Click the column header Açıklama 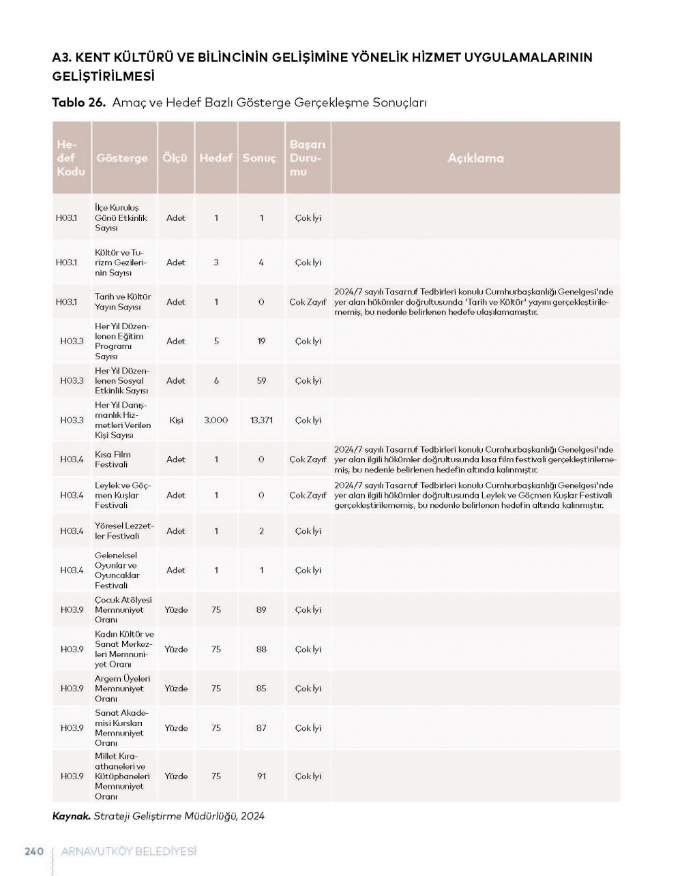(x=475, y=158)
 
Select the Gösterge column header (x=122, y=158)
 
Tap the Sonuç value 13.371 (x=261, y=420)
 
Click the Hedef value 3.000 (x=216, y=420)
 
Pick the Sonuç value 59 (x=261, y=380)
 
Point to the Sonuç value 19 (x=261, y=341)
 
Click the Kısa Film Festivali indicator (x=113, y=459)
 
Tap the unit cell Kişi (x=176, y=420)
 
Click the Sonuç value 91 (x=261, y=776)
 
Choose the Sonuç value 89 (x=261, y=609)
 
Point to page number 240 (x=34, y=851)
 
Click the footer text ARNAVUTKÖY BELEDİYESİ (x=128, y=851)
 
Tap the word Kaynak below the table (x=71, y=816)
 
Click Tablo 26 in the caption (x=78, y=103)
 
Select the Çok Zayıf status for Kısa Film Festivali (x=308, y=459)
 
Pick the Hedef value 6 (x=216, y=380)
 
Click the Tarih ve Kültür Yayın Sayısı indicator (x=123, y=302)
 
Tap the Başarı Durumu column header (x=308, y=158)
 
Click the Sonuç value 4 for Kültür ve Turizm (x=261, y=262)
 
